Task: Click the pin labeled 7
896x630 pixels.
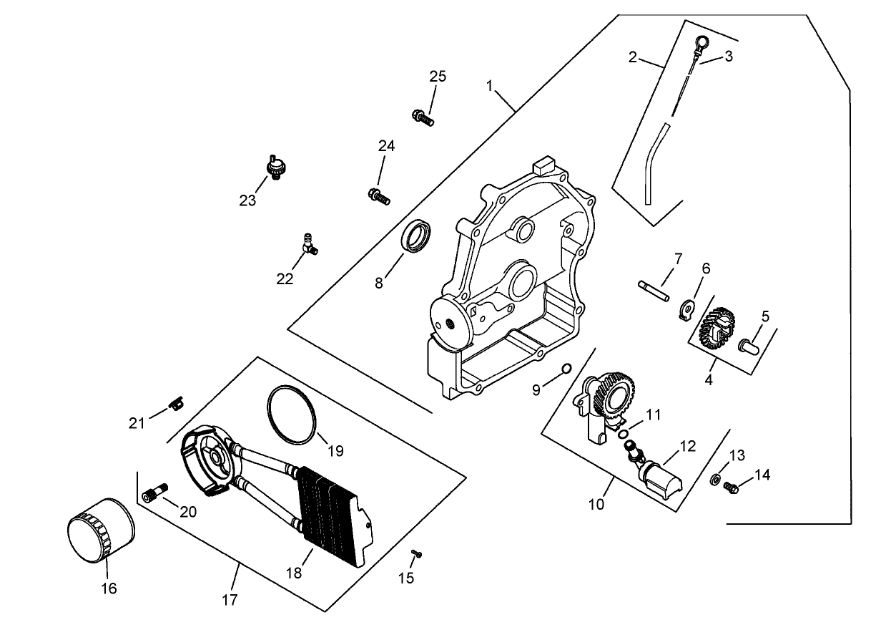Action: coord(653,289)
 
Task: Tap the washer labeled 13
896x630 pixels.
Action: coord(715,479)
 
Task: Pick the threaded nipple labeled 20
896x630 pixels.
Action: coord(154,493)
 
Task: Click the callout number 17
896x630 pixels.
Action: coord(229,599)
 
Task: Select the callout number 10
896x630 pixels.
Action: coord(596,504)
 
